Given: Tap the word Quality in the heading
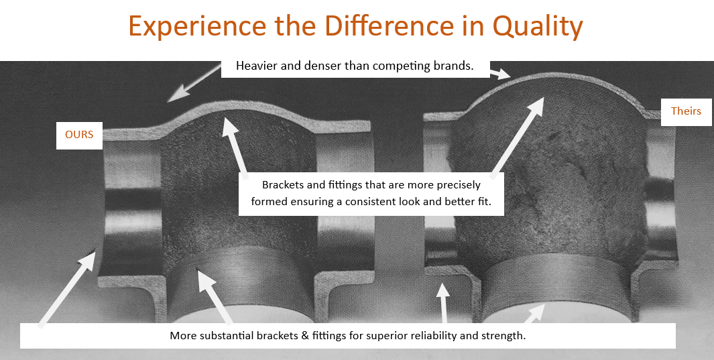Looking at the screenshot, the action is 538,26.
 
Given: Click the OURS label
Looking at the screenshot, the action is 79,135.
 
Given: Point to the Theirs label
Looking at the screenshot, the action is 686,111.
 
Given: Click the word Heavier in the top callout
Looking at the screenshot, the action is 253,66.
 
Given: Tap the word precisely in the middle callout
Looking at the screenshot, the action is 459,186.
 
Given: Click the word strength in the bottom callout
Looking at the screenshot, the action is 505,337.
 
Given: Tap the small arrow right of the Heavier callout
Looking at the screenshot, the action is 500,74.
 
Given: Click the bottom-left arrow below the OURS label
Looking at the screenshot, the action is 68,290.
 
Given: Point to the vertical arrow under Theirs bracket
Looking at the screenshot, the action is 443,302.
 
